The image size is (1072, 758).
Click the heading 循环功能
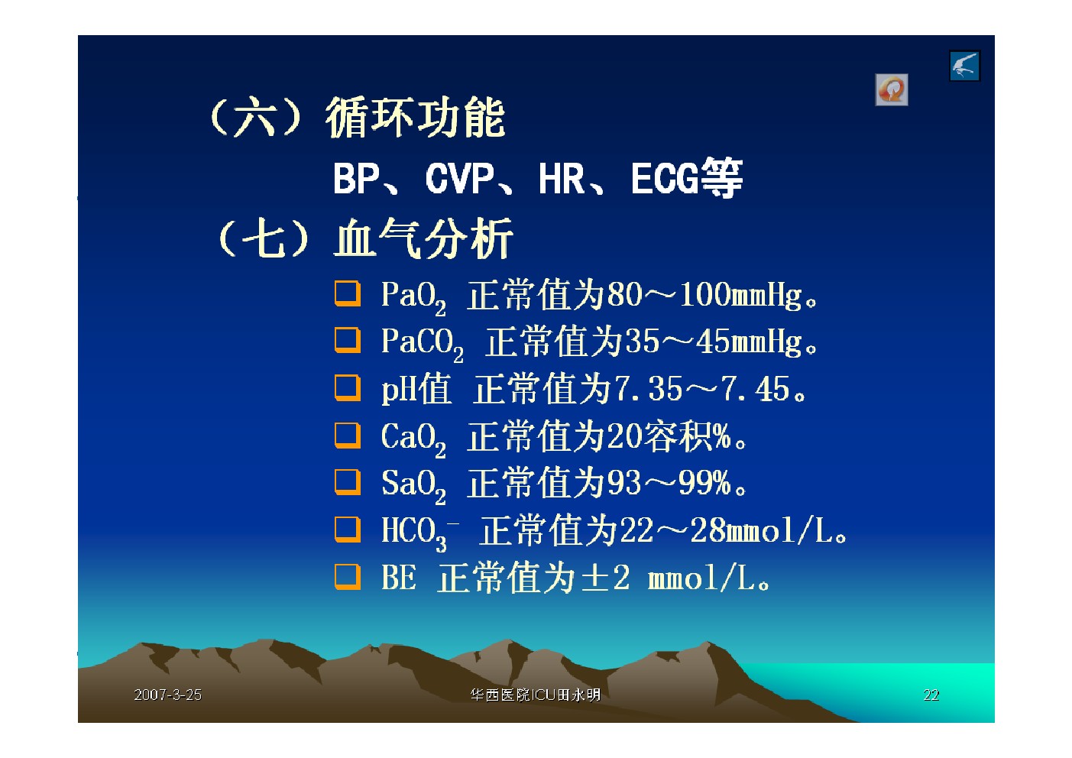(x=415, y=117)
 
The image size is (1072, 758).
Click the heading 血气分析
(x=423, y=238)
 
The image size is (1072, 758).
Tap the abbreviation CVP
(x=459, y=179)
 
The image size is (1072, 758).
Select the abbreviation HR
(x=562, y=179)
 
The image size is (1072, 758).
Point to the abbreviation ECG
(x=665, y=179)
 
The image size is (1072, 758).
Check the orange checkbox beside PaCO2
(x=348, y=340)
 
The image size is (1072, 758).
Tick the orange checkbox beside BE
(x=348, y=577)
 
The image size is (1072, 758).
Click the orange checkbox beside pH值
(x=348, y=387)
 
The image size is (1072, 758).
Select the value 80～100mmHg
(x=704, y=294)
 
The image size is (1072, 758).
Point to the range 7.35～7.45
(x=701, y=388)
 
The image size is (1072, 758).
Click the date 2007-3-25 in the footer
(x=167, y=695)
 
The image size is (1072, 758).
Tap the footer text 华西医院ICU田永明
(x=536, y=695)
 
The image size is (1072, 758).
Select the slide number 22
(x=931, y=695)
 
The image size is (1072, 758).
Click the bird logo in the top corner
(x=965, y=66)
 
